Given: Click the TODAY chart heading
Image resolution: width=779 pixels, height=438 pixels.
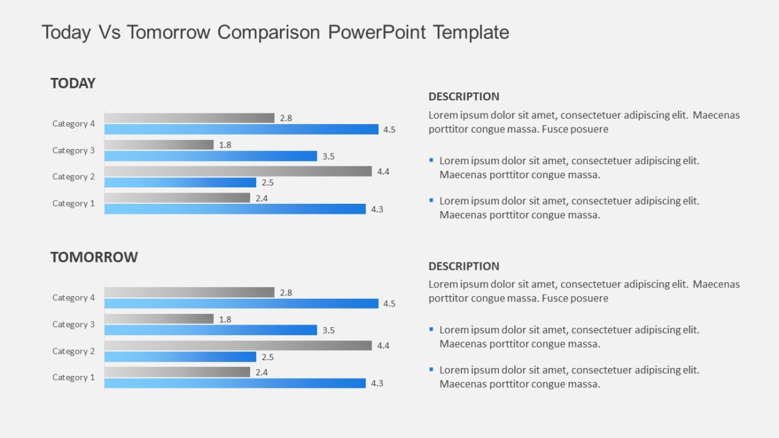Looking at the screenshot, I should [x=73, y=83].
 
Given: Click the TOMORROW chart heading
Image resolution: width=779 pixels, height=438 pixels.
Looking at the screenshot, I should [x=94, y=257].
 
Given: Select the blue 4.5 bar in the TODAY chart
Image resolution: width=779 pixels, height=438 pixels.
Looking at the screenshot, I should [x=241, y=129].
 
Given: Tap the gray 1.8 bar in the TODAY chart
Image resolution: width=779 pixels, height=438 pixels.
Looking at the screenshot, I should [x=158, y=144].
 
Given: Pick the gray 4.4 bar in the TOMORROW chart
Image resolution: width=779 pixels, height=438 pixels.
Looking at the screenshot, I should [x=238, y=346].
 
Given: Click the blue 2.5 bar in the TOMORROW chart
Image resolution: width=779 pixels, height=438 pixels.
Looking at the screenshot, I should [x=180, y=357].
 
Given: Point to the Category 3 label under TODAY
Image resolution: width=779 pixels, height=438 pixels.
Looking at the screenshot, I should [x=74, y=150].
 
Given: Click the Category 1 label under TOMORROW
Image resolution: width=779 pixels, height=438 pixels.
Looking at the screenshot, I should [x=74, y=377].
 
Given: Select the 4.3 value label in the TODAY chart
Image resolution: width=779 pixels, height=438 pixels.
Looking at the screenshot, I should [x=377, y=209].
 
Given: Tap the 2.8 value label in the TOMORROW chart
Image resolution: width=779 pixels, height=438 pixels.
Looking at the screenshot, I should [x=286, y=292].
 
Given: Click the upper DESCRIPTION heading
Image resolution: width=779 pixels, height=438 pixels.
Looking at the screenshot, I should [x=463, y=96].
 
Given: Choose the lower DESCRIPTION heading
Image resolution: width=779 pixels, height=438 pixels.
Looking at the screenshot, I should [x=463, y=266].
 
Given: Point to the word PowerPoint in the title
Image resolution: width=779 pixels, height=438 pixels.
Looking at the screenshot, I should [x=377, y=32].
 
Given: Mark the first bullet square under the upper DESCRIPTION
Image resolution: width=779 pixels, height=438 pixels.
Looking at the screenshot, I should [x=431, y=160].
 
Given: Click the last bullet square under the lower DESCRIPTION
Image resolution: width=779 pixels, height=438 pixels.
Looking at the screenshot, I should [x=431, y=369].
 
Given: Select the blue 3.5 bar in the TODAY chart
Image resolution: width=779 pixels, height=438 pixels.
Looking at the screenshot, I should [x=211, y=156].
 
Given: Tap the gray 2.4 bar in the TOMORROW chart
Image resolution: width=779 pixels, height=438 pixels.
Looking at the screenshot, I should [x=177, y=372].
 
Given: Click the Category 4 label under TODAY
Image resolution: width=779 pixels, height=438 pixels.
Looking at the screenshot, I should [x=74, y=123].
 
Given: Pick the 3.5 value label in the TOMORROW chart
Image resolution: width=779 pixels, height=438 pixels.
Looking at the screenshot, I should [x=328, y=330].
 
